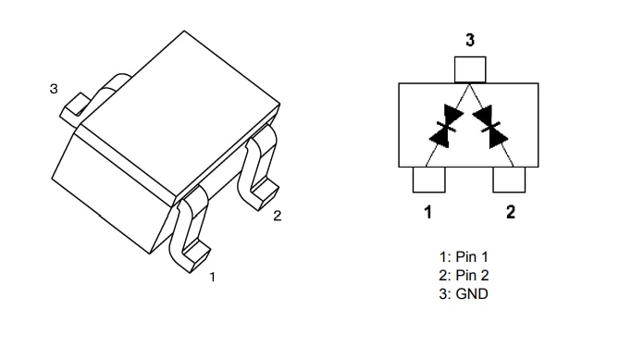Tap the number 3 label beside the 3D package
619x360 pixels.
click(x=54, y=90)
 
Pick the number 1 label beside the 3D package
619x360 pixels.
click(x=213, y=276)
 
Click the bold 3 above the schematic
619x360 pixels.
click(x=469, y=40)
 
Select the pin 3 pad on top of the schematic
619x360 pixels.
click(x=469, y=69)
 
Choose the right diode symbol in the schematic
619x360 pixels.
click(x=492, y=126)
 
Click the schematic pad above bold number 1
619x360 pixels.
click(x=427, y=179)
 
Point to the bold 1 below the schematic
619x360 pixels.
click(x=427, y=212)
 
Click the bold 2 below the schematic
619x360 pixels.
click(x=510, y=212)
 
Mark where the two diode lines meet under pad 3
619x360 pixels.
click(x=469, y=84)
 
